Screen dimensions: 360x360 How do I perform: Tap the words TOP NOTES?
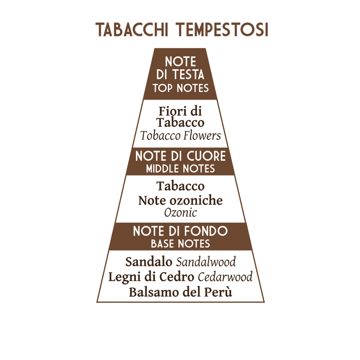pos(181,88)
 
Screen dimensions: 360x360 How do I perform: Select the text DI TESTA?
pos(180,75)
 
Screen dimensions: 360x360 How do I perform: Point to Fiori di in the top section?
pos(180,111)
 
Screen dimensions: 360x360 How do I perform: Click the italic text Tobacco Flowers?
pos(181,136)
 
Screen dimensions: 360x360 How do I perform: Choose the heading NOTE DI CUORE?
pos(180,156)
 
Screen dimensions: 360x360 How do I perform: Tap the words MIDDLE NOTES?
pos(180,169)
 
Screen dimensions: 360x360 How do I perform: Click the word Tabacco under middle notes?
pos(180,186)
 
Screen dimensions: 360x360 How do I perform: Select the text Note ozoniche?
pos(180,200)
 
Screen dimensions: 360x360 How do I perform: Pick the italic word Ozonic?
pos(180,213)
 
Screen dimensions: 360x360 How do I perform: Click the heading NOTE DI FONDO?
pos(180,231)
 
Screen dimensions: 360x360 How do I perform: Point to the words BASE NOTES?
pos(180,243)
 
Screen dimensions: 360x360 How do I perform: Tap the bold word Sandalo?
pos(149,262)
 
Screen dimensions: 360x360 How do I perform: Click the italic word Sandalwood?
pos(206,262)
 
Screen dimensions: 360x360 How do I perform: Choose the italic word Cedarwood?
pos(225,277)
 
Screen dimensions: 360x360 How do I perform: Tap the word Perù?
pos(221,292)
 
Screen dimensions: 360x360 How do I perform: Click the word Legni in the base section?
pos(122,277)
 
